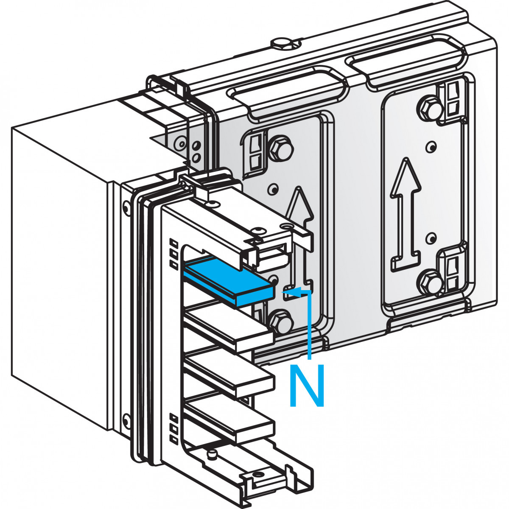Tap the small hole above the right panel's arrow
click(x=431, y=147)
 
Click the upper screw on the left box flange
click(x=126, y=207)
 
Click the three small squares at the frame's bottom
click(x=173, y=428)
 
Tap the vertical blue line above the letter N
click(x=311, y=327)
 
